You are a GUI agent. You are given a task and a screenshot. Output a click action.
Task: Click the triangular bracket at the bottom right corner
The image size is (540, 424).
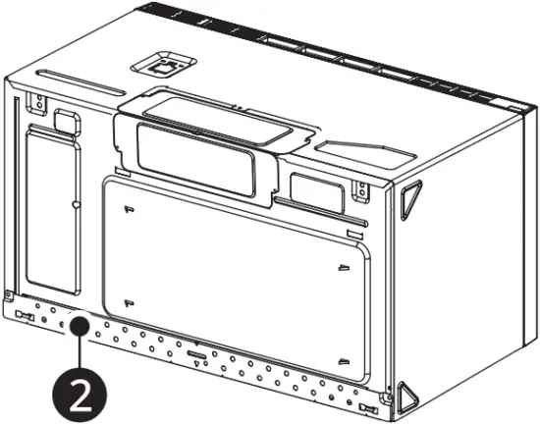pyautogui.click(x=405, y=395)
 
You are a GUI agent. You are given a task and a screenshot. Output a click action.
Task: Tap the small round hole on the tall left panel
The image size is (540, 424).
pyautogui.click(x=76, y=205)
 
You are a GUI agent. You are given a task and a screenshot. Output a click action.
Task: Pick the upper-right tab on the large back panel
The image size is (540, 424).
pyautogui.click(x=343, y=266)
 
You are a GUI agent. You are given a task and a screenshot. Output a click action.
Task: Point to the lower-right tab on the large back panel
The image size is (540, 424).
pyautogui.click(x=342, y=359)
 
